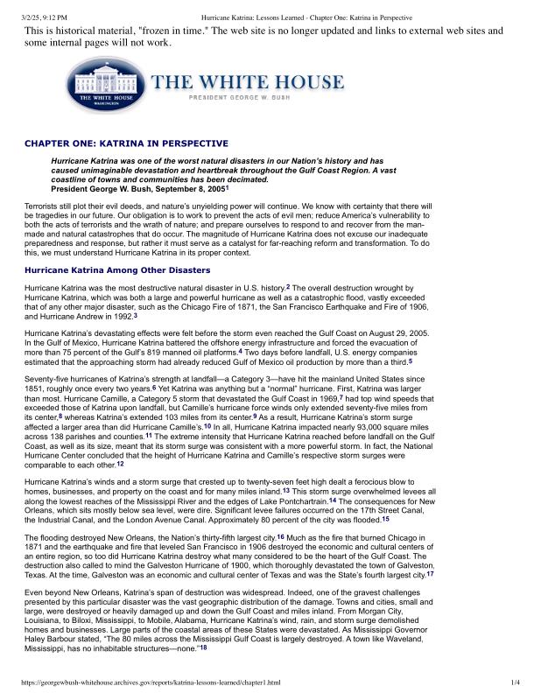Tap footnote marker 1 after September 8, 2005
[227, 187]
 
